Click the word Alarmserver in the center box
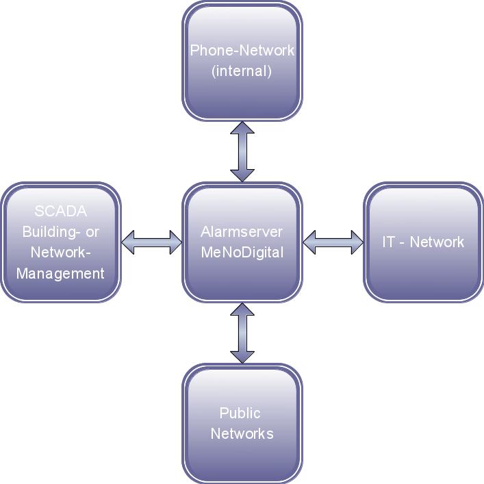click(242, 231)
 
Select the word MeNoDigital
click(242, 252)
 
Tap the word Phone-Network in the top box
click(242, 50)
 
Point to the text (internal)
click(242, 71)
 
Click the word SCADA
click(61, 212)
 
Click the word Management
click(61, 273)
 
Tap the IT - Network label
click(423, 242)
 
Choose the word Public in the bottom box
click(240, 413)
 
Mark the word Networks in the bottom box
click(242, 433)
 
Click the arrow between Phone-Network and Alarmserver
click(242, 151)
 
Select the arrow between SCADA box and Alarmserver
click(151, 242)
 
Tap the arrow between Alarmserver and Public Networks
click(242, 333)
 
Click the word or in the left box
click(92, 232)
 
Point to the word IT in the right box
click(388, 242)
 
